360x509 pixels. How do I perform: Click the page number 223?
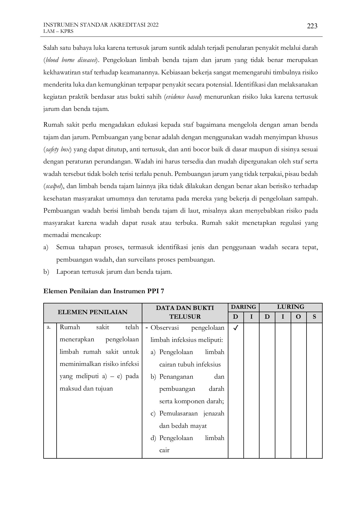click(x=312, y=26)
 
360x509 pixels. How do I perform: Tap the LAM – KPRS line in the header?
click(x=58, y=31)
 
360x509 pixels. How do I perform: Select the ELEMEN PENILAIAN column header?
click(x=93, y=312)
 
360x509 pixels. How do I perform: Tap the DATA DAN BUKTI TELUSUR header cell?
click(x=185, y=312)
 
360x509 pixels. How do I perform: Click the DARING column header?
click(x=243, y=307)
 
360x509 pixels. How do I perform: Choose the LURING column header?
click(x=290, y=307)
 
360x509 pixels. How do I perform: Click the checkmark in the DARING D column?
click(x=236, y=328)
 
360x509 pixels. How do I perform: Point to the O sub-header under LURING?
click(x=298, y=317)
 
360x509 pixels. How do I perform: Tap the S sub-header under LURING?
click(x=314, y=317)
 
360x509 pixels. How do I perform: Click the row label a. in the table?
click(x=49, y=327)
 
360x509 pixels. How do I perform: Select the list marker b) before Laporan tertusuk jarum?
click(x=46, y=272)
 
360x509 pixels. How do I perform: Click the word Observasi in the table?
click(x=165, y=328)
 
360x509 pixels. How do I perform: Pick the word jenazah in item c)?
click(x=214, y=413)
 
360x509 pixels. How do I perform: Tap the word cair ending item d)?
click(x=164, y=450)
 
